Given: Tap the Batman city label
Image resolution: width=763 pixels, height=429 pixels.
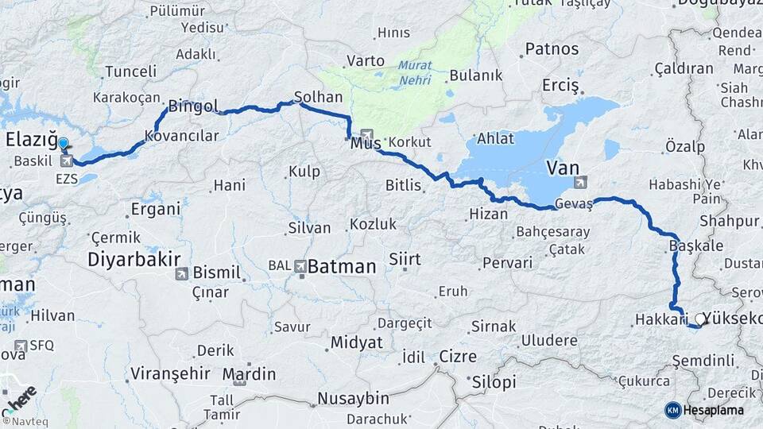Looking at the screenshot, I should [342, 267].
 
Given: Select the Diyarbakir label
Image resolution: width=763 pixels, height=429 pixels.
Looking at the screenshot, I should [134, 260].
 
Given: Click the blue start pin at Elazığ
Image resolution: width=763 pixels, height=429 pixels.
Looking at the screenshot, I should [64, 144].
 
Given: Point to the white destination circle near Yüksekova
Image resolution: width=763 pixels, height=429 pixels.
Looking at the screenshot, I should [700, 319].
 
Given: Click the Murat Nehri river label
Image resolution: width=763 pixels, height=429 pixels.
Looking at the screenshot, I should [415, 72].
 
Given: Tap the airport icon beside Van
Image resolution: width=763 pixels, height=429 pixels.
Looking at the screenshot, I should [581, 182].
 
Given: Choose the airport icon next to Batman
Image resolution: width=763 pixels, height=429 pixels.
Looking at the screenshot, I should [300, 267].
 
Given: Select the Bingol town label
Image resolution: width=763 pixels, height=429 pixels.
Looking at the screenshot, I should [193, 106].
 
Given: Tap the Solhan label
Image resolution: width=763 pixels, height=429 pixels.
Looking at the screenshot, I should [318, 97].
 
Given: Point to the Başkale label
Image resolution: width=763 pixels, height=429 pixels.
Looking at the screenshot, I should [696, 245].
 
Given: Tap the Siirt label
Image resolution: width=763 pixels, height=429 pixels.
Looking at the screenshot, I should [405, 259].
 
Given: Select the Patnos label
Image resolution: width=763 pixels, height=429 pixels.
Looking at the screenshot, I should [552, 49].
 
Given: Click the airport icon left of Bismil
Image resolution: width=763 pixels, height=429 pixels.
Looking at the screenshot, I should [182, 274].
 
